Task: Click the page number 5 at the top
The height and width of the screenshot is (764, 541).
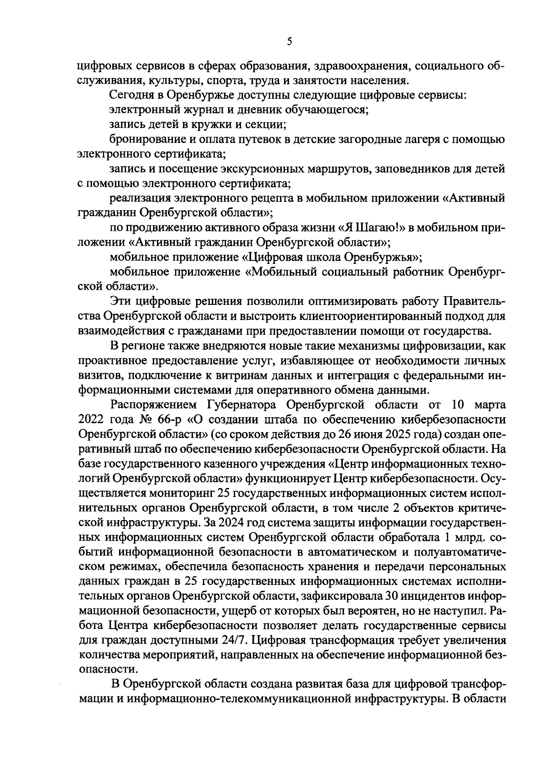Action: click(x=289, y=41)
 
